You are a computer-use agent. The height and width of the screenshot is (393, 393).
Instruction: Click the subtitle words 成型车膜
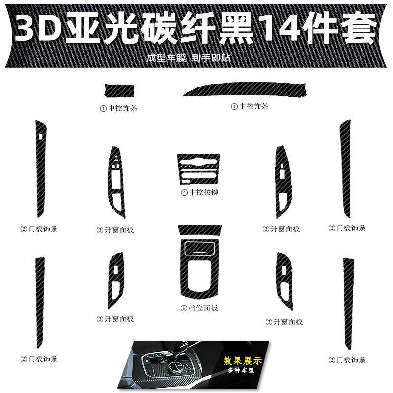click(166, 57)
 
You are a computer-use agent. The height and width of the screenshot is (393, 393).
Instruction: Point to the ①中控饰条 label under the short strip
click(118, 108)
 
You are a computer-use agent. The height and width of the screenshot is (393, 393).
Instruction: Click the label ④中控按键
click(199, 192)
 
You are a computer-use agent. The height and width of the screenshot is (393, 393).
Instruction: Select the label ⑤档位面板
click(199, 308)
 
